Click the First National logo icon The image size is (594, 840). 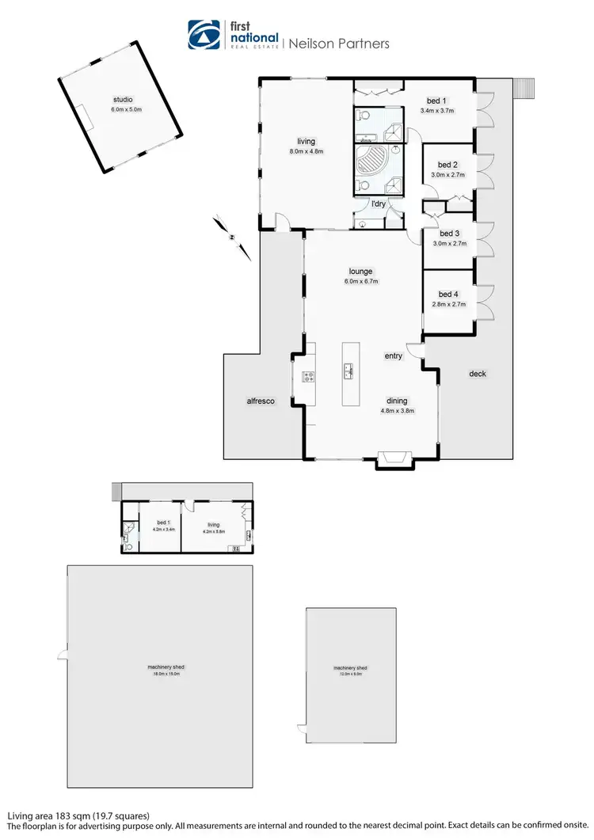(204, 35)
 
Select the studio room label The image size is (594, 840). (124, 100)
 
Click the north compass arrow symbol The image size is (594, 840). (230, 236)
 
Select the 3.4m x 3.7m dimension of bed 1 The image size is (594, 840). (436, 111)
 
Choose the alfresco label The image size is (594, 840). (260, 402)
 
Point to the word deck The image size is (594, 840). (477, 374)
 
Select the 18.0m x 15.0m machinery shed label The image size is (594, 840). (160, 672)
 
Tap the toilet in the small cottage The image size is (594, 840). (128, 545)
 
